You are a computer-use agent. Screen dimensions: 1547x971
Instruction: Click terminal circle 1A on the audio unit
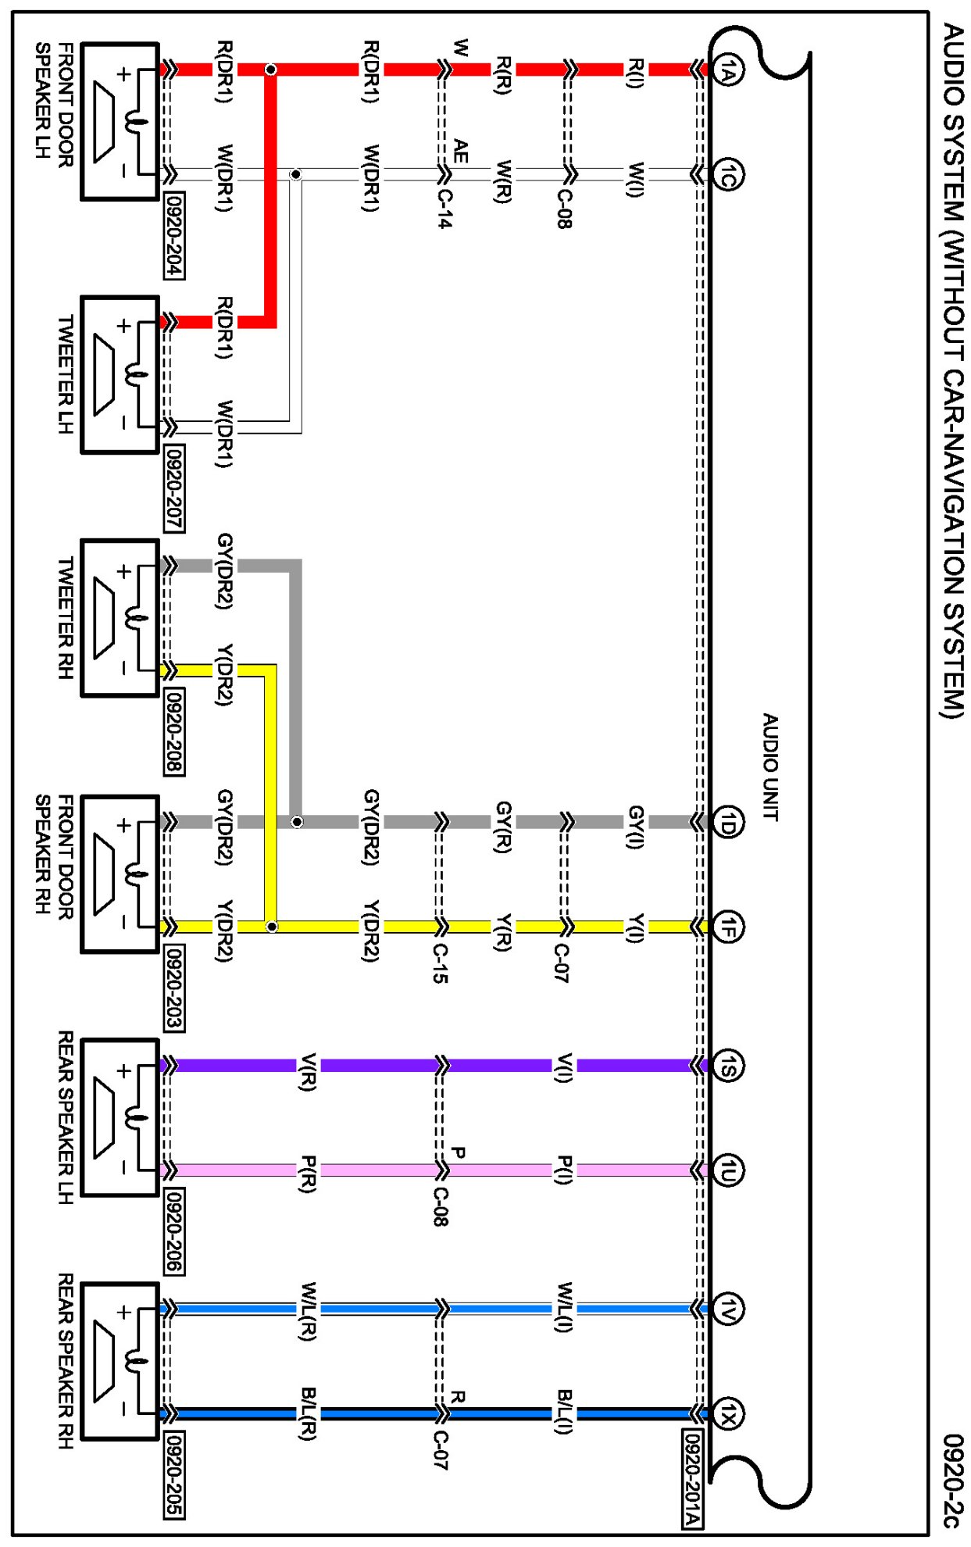(x=728, y=70)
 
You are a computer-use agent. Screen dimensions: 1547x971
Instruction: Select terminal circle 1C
(x=728, y=174)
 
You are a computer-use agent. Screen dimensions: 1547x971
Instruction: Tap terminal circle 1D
(x=728, y=822)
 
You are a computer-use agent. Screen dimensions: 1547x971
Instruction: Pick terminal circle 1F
(x=728, y=927)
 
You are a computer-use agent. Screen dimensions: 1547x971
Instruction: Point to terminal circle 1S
(x=728, y=1066)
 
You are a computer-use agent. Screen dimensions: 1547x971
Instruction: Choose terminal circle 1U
(x=728, y=1170)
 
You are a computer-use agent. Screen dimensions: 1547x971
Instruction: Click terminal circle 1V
(x=728, y=1309)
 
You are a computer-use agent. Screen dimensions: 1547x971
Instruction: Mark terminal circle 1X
(x=728, y=1413)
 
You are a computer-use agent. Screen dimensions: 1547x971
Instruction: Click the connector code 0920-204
(x=174, y=235)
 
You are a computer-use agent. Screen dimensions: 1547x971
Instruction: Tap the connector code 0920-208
(x=174, y=731)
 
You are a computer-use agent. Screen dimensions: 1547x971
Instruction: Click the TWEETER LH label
(x=66, y=374)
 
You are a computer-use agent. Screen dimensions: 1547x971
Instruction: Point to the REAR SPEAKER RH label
(x=66, y=1360)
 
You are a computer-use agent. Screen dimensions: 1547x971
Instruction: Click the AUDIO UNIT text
(x=770, y=766)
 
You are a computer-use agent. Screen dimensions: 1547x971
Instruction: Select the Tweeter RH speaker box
(x=120, y=618)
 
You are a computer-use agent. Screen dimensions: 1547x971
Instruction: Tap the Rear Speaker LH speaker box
(x=120, y=1117)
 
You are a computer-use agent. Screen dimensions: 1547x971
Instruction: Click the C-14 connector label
(x=443, y=209)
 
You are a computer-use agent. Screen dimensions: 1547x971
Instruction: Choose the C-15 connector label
(x=441, y=963)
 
